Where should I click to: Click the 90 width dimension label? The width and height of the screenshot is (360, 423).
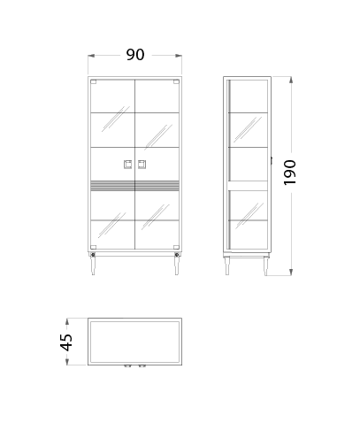[135, 55]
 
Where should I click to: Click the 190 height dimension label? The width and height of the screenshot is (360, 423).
[289, 173]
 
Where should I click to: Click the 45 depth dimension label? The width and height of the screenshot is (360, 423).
[66, 342]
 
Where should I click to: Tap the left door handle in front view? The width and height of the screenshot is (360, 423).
[128, 165]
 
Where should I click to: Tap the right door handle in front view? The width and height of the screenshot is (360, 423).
[142, 165]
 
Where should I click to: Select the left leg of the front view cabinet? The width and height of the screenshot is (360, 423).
[93, 265]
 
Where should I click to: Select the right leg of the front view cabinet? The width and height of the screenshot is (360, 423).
[177, 265]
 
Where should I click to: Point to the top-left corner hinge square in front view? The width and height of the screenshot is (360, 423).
[94, 82]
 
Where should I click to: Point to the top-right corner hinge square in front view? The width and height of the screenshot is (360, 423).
[176, 82]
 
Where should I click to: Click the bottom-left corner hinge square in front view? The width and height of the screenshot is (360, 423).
[94, 247]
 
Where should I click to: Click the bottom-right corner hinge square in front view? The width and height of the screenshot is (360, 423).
[176, 247]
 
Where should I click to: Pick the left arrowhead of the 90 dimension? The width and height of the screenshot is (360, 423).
[91, 56]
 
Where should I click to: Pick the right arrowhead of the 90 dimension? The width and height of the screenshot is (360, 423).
[179, 56]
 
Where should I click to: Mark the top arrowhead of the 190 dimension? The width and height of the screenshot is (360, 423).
[291, 80]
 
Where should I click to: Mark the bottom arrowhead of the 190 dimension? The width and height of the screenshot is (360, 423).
[291, 273]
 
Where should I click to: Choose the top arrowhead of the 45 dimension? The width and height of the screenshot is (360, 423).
[67, 321]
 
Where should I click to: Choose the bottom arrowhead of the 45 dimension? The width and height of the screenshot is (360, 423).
[67, 362]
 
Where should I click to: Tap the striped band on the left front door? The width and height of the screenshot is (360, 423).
[112, 185]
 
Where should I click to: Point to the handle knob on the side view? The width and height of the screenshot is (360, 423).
[272, 160]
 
